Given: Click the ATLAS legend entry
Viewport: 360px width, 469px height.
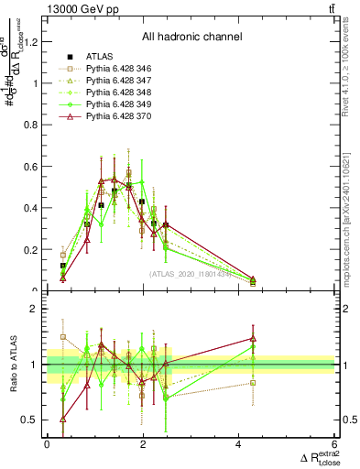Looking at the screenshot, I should tap(103, 57).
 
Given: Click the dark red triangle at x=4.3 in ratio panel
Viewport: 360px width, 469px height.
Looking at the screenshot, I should tap(253, 339).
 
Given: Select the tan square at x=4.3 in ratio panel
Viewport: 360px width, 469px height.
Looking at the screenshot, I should tap(253, 383).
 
